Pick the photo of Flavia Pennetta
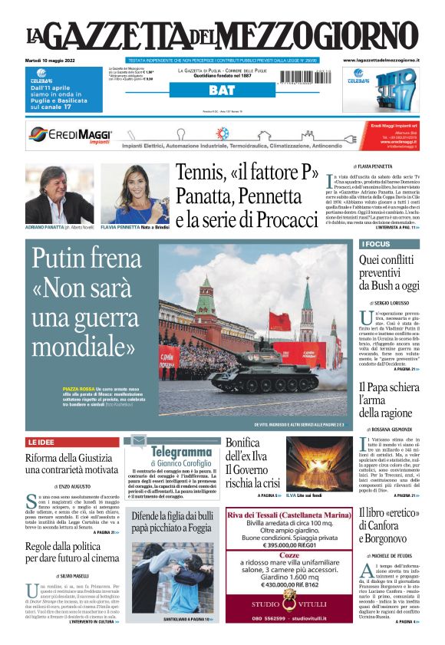tap(134, 193)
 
